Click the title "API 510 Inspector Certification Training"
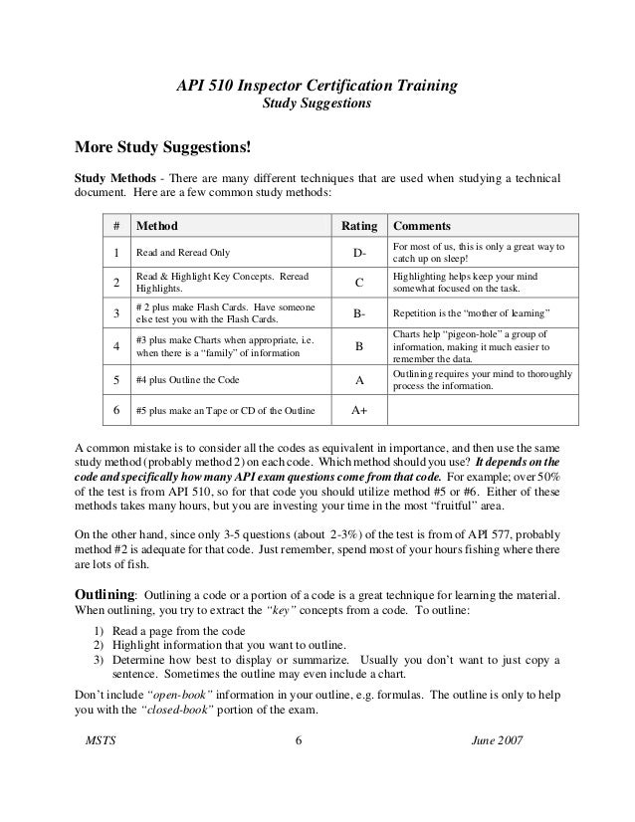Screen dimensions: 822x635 pyautogui.click(x=317, y=87)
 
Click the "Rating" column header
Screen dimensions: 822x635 pyautogui.click(x=359, y=226)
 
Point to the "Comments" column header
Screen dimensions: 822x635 pyautogui.click(x=422, y=226)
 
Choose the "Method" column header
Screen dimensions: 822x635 pyautogui.click(x=157, y=226)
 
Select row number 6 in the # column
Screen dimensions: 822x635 pyautogui.click(x=117, y=409)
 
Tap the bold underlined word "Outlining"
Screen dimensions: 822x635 pyautogui.click(x=104, y=593)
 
